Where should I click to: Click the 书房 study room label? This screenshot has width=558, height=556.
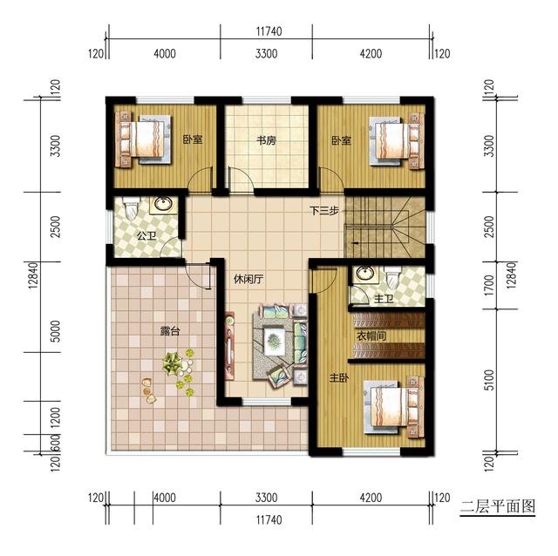click(x=267, y=140)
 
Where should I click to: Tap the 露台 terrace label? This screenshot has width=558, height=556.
click(x=170, y=331)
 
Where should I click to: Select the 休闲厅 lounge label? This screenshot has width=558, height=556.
click(x=248, y=279)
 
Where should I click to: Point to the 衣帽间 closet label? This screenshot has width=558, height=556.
click(x=371, y=336)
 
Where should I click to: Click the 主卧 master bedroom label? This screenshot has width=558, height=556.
click(x=339, y=377)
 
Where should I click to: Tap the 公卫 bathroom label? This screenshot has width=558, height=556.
click(x=147, y=235)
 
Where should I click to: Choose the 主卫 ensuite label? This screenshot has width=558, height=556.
click(x=384, y=299)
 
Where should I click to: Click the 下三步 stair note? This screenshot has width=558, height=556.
click(x=323, y=211)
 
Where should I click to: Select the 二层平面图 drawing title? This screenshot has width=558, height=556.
click(x=498, y=505)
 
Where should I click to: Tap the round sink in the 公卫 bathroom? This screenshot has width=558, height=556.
click(x=164, y=204)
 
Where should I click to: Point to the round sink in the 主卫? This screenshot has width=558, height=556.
click(x=365, y=274)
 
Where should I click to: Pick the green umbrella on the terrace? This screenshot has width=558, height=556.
click(x=173, y=363)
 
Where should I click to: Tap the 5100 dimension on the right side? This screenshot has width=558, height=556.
click(x=490, y=380)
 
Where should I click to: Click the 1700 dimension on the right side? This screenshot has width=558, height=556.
click(x=490, y=285)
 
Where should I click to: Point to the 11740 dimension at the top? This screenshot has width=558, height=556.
click(x=269, y=31)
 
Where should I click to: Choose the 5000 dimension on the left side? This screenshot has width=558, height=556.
click(x=56, y=331)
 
